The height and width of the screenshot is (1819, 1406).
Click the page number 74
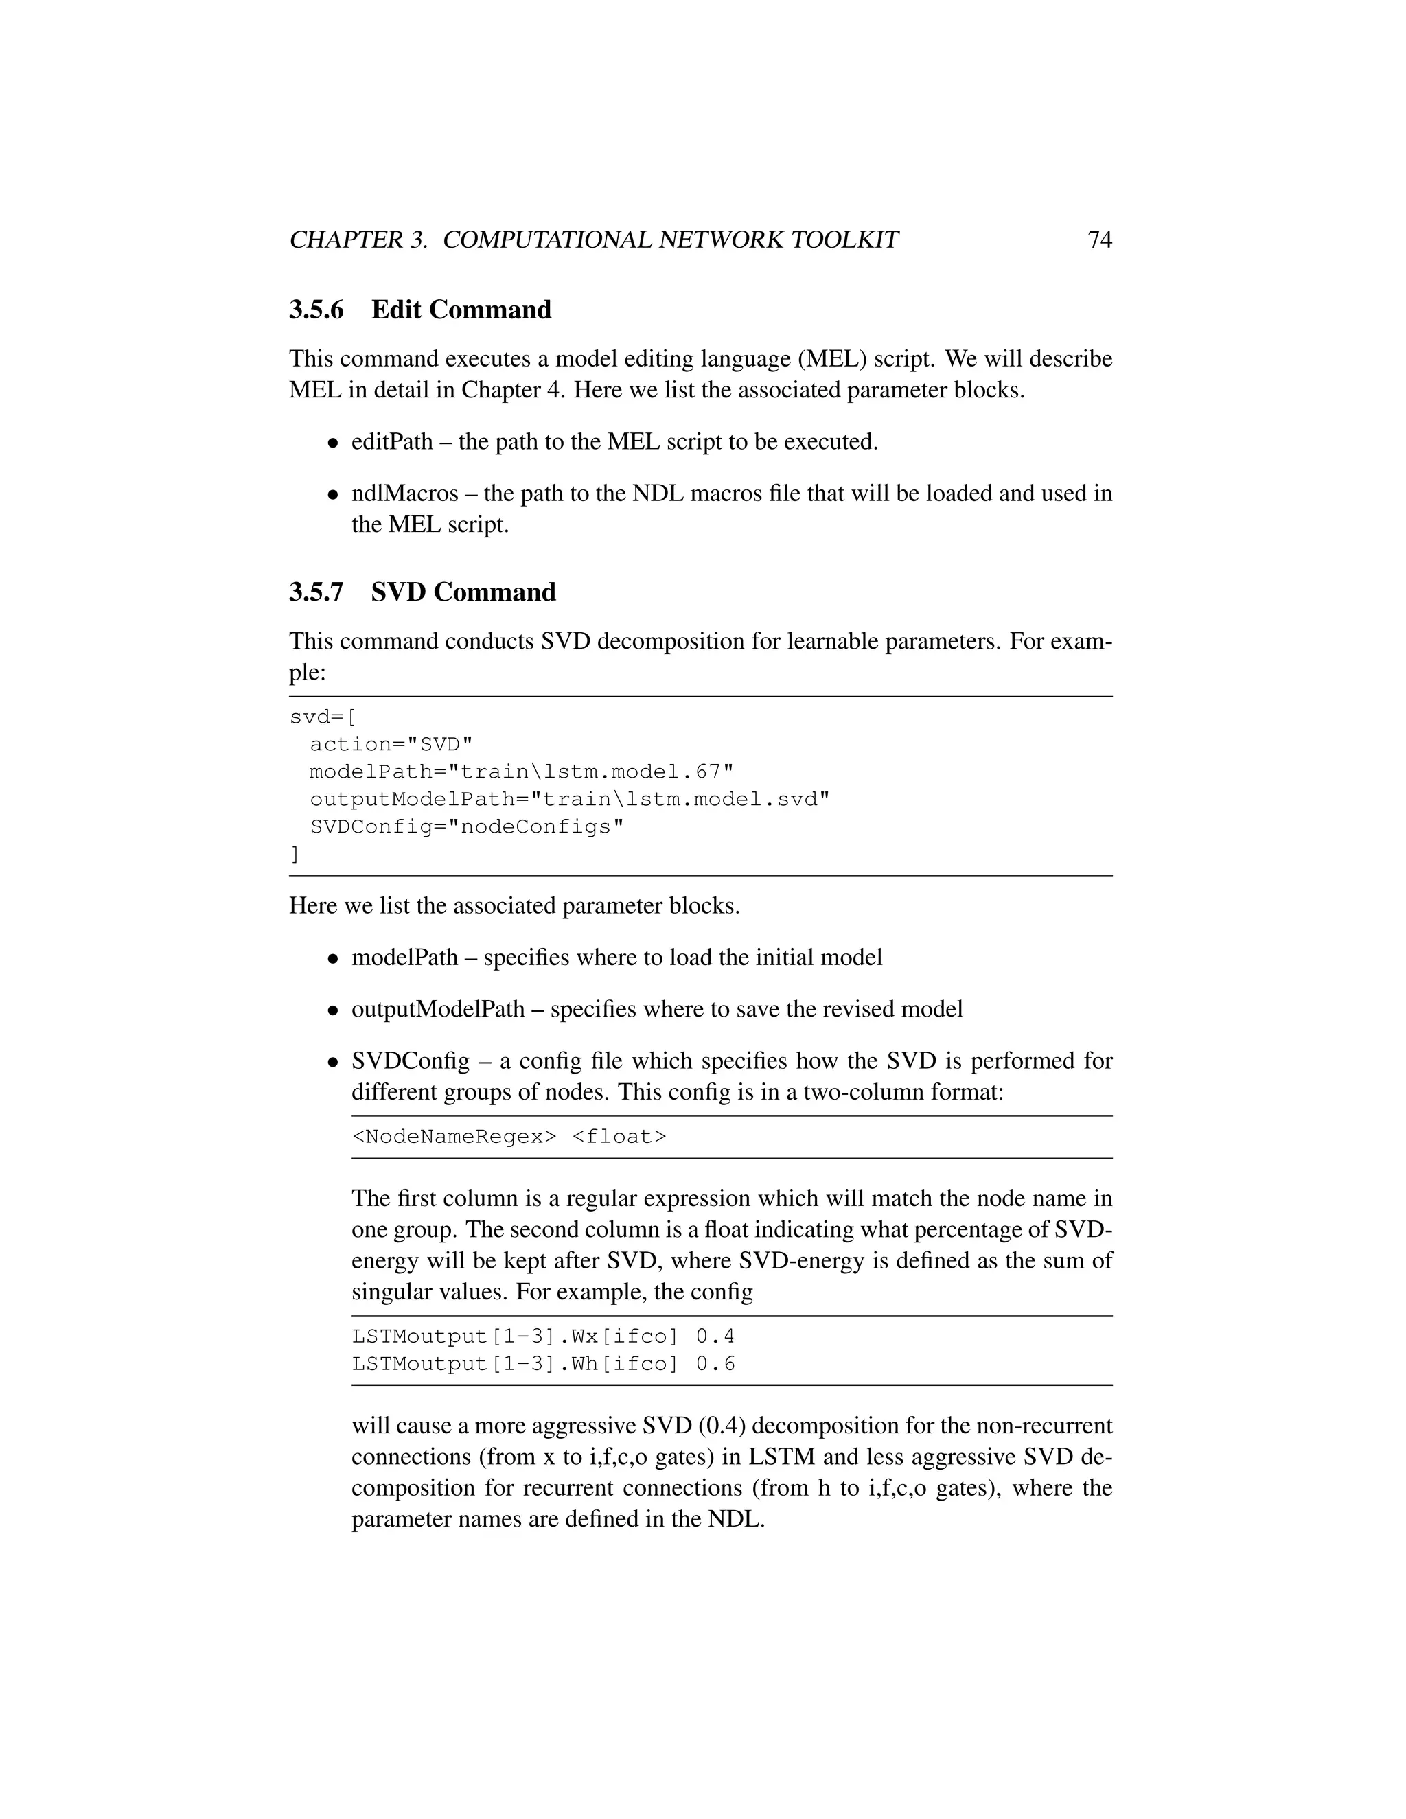(x=1100, y=240)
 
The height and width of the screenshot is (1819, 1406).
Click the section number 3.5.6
(x=316, y=310)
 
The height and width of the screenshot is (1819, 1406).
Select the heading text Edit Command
(x=461, y=310)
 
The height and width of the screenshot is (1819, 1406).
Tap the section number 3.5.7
(x=316, y=592)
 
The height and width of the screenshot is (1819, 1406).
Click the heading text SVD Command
(x=463, y=592)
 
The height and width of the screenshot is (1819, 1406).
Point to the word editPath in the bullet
(x=391, y=441)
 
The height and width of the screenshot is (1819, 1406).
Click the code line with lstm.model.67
(x=522, y=772)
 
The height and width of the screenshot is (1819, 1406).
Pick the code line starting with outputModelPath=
(x=570, y=800)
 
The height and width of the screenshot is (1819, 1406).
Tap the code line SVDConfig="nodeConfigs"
(x=466, y=827)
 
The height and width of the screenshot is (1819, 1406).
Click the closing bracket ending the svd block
(x=294, y=855)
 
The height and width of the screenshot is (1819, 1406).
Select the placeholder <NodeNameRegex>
(x=454, y=1137)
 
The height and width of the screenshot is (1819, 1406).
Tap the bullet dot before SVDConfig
(x=332, y=1063)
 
